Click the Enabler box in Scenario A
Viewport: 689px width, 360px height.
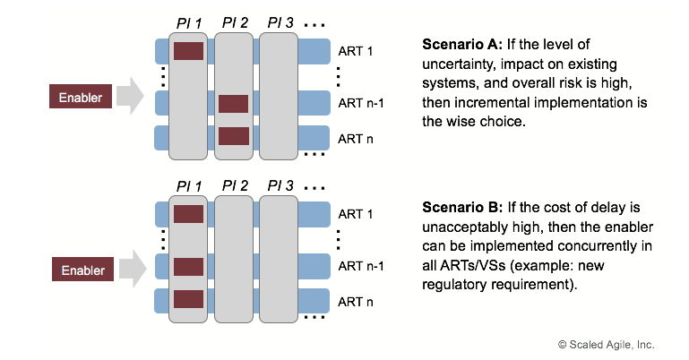click(80, 96)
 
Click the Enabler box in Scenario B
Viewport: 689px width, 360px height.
click(80, 269)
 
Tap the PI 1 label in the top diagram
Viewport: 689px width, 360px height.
click(188, 21)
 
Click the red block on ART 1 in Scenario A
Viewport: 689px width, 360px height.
click(188, 51)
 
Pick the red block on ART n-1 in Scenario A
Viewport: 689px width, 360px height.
click(233, 104)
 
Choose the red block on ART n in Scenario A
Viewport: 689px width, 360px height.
click(233, 136)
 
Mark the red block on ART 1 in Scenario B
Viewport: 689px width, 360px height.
click(188, 214)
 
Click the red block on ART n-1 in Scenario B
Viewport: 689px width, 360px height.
click(188, 267)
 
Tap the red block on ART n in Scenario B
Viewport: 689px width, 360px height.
click(188, 299)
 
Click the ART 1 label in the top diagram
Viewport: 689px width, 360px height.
click(357, 51)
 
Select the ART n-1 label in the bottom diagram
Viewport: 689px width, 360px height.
click(361, 267)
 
